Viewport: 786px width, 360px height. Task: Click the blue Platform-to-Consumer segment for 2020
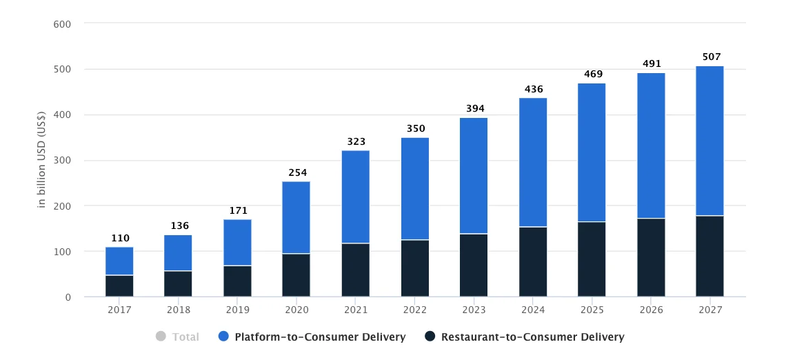(x=296, y=217)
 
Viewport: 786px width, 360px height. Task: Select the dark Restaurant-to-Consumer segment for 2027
(x=709, y=256)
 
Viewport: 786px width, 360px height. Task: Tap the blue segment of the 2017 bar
(x=119, y=261)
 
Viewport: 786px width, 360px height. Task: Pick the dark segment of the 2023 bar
(x=473, y=265)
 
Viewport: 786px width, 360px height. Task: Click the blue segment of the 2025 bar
(x=592, y=152)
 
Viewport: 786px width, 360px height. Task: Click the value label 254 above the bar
(x=297, y=172)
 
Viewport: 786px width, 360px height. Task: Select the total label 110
(x=120, y=238)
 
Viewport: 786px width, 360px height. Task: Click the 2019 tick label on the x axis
(x=237, y=310)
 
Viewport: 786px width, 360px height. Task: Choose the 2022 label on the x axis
(x=414, y=310)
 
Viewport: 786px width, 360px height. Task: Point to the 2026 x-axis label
(x=651, y=310)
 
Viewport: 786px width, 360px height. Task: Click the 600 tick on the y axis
(x=62, y=23)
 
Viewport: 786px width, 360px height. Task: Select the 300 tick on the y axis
(x=62, y=160)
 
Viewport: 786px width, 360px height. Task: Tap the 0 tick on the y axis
(x=68, y=297)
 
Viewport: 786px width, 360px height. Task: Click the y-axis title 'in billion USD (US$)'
(x=42, y=159)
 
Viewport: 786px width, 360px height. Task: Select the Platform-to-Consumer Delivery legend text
(x=320, y=337)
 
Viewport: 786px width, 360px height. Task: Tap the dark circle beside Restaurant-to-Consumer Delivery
(x=430, y=337)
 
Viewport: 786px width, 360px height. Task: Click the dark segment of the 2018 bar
(x=178, y=283)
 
